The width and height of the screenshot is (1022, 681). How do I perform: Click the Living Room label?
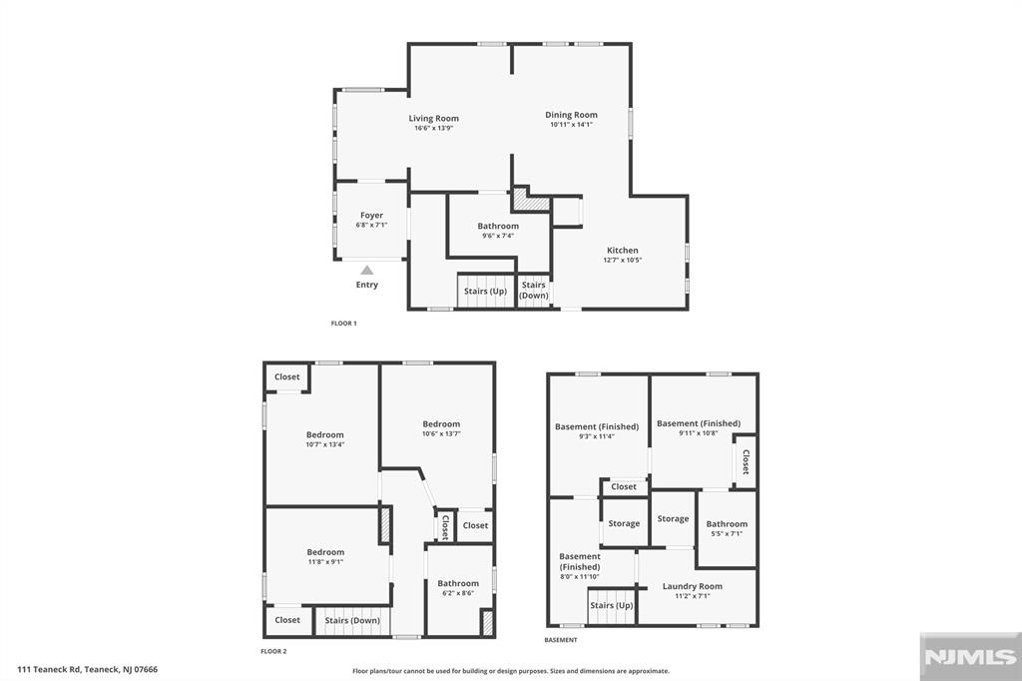pos(433,118)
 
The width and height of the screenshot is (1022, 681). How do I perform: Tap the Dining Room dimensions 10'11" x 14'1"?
pos(571,125)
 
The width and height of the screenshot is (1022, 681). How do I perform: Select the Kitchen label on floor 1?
pos(623,250)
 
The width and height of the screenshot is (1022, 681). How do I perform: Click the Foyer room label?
pos(371,216)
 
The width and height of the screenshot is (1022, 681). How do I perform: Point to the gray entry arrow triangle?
pos(367,270)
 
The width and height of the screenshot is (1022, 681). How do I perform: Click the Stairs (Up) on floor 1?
pos(485,291)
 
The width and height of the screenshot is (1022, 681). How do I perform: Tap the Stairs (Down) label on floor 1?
pos(533,290)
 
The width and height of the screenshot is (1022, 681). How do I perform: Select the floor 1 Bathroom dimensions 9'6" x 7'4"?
pos(498,236)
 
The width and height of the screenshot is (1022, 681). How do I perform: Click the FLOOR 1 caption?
pos(343,323)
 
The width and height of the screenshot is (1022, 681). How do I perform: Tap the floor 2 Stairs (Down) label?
pos(352,620)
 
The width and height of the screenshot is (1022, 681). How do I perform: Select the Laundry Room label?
pos(693,586)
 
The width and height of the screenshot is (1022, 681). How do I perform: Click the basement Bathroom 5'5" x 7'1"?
pos(727,528)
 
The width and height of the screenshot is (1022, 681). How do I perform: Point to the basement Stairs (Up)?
pos(612,605)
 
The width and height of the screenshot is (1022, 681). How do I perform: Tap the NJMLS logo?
pos(970,657)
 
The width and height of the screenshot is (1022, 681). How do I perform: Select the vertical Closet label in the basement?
pos(746,461)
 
